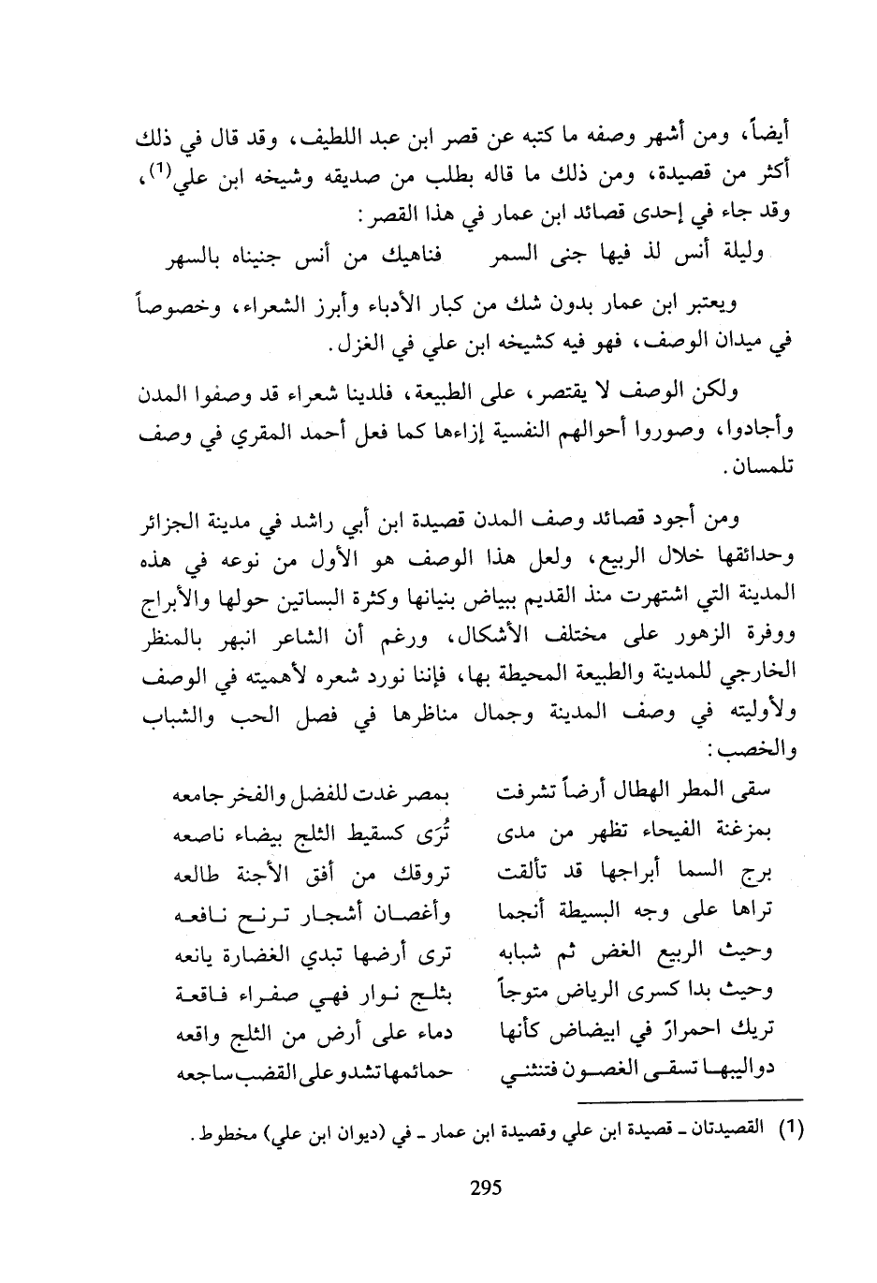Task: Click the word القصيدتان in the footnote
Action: (729, 1130)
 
